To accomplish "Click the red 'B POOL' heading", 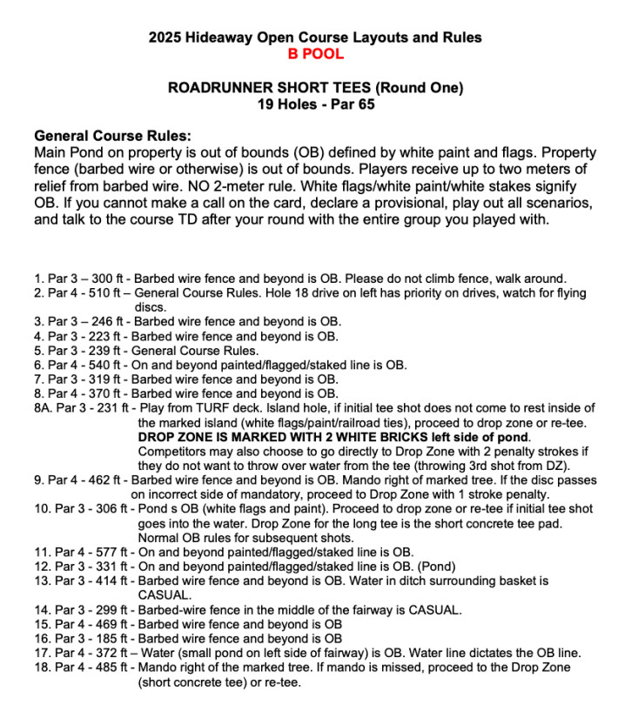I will point(315,54).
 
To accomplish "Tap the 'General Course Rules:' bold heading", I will point(112,137).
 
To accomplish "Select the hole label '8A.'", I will point(44,407).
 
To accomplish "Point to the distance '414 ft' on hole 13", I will point(109,580).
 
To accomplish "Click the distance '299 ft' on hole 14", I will point(109,609).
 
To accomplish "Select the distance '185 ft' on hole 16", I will point(109,638).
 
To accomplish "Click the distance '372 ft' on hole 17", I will point(109,653).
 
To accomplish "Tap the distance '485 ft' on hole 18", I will point(109,667).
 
